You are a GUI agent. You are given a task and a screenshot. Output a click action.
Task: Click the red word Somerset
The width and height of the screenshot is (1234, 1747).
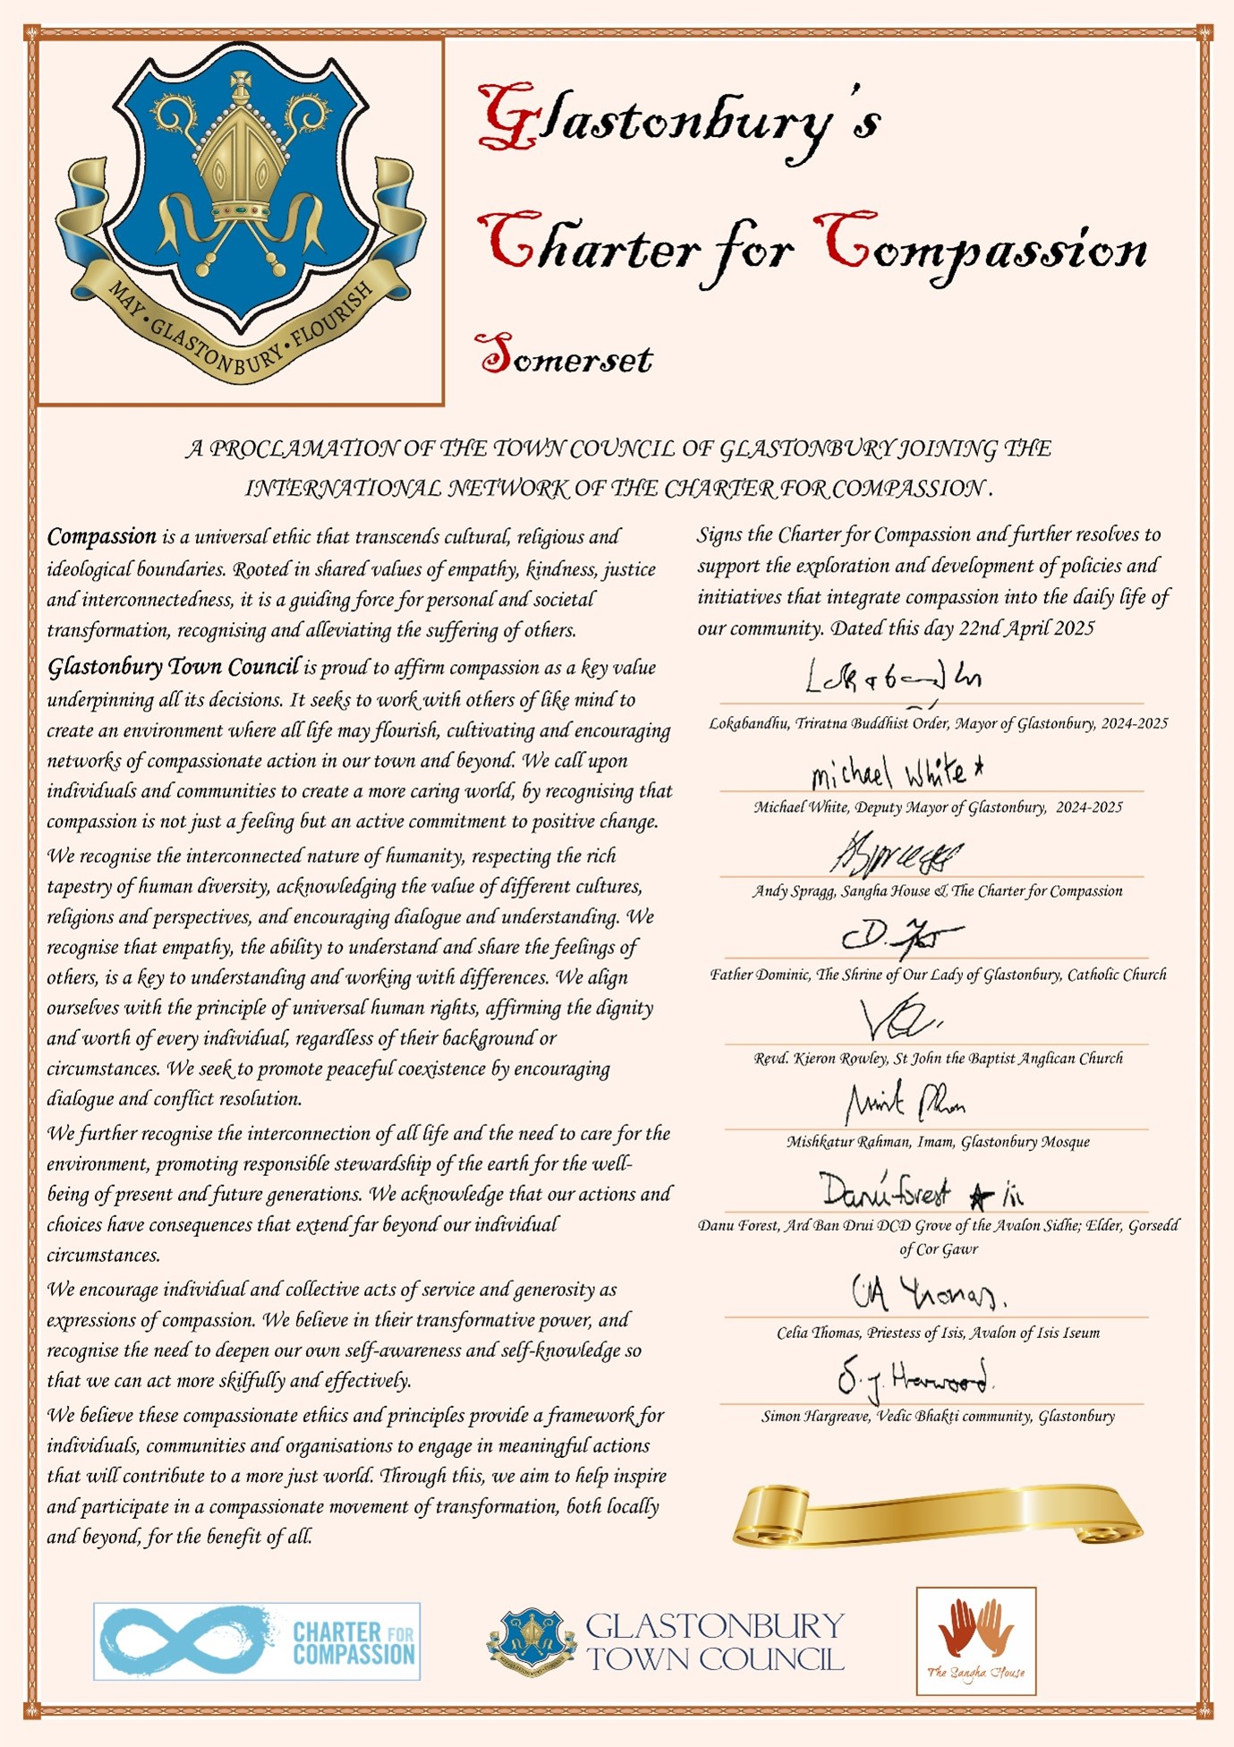pos(565,355)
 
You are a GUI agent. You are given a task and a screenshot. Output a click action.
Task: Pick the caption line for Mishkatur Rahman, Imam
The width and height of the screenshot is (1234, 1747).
pos(938,1142)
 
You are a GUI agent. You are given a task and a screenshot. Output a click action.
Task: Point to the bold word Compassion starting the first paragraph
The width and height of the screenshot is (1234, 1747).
pos(102,537)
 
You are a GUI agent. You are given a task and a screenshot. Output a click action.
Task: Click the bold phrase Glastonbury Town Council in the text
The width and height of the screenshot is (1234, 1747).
pos(173,668)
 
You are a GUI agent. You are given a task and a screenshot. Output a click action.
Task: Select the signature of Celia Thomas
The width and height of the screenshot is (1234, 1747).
pos(928,1292)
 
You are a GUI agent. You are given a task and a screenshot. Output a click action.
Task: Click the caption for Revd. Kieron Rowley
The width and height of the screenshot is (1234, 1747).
pos(938,1059)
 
